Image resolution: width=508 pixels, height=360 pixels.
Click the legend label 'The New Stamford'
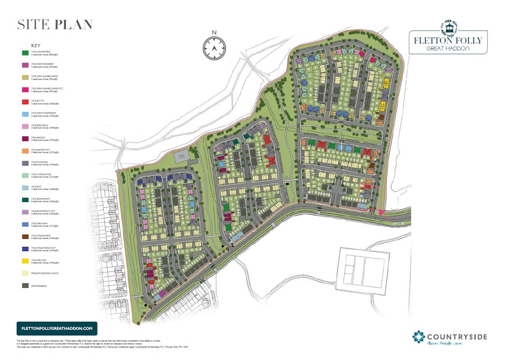pos(43,113)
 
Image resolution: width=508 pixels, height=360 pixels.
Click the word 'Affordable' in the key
pos(39,286)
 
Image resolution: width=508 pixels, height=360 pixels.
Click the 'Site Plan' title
pos(55,25)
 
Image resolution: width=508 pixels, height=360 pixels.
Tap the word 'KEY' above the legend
pos(36,45)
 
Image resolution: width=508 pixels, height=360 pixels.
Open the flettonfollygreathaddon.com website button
pos(57,329)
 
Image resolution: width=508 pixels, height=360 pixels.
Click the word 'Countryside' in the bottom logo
pos(457,337)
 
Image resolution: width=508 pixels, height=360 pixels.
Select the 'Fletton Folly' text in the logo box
pos(448,41)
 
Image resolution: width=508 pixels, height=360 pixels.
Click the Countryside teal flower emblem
pos(419,337)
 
